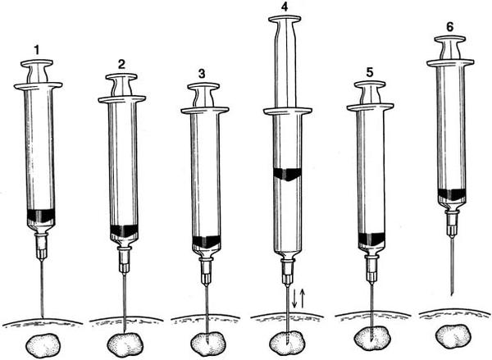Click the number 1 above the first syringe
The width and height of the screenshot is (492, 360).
[37, 50]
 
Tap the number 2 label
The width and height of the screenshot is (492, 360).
[121, 64]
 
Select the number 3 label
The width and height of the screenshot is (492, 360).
[202, 74]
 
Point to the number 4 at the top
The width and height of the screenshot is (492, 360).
[285, 7]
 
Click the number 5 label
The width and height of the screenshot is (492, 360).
[370, 72]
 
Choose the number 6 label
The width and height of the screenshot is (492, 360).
[449, 27]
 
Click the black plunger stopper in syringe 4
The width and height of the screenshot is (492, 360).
[287, 175]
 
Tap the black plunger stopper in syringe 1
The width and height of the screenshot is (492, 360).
[42, 216]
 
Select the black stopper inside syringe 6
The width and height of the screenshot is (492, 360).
[452, 195]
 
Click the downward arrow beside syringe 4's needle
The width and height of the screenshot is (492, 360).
[294, 298]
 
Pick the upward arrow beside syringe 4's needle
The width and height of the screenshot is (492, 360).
[303, 298]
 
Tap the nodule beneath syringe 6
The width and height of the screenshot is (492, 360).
[452, 337]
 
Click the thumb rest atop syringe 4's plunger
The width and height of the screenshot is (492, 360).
[285, 19]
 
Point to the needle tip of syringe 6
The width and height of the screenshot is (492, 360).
[452, 295]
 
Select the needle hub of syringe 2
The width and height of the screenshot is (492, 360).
[125, 259]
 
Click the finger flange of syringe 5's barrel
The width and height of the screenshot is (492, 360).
[370, 107]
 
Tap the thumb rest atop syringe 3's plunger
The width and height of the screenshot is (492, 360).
[203, 86]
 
